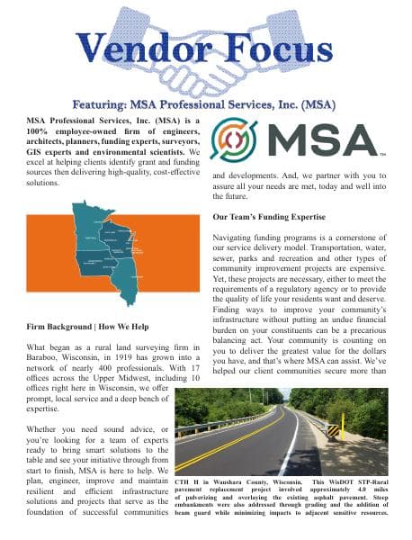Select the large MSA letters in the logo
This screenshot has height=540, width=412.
tap(320, 139)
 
